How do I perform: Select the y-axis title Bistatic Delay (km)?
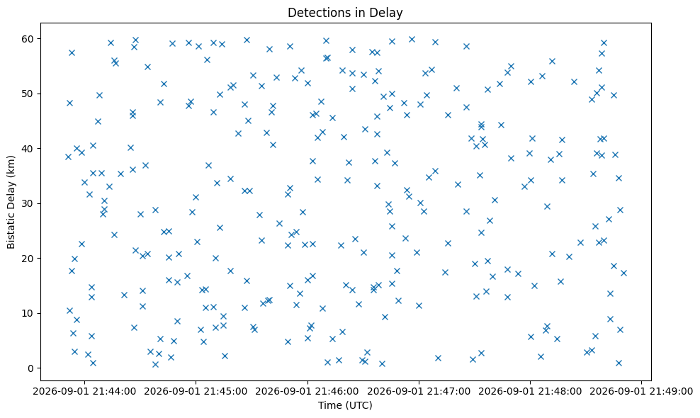11,202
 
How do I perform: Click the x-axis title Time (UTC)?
345,405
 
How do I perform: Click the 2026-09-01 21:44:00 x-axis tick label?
84,392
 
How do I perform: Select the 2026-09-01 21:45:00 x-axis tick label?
196,392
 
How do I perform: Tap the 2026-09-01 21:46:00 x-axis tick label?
307,392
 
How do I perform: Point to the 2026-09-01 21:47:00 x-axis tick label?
419,392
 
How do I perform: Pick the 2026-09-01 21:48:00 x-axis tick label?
531,392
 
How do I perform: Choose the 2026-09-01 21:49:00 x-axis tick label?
641,392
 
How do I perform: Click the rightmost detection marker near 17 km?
623,273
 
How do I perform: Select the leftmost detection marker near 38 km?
68,157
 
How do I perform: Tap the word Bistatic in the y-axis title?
11,231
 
